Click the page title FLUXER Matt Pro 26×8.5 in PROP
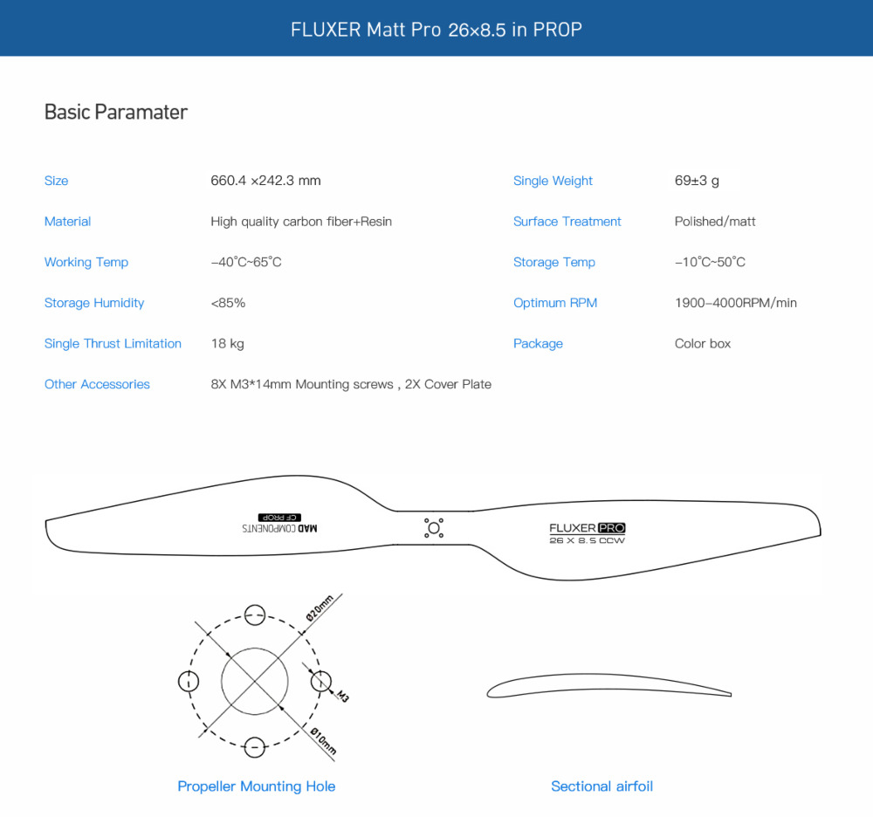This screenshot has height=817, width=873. coord(436,30)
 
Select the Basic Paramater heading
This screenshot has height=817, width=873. coord(116,112)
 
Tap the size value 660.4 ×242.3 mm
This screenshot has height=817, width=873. coord(265,181)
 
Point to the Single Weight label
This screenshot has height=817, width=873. coord(553,181)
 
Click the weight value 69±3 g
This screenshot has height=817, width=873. coord(697,181)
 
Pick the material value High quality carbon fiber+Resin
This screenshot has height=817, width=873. coord(301,222)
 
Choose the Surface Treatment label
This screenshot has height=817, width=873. coord(567,222)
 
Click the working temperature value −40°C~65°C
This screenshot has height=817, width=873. coord(246,262)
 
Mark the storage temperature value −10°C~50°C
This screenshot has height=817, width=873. coord(710,262)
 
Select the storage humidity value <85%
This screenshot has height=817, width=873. coord(228,303)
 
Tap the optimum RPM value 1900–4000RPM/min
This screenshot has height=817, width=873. coord(736,303)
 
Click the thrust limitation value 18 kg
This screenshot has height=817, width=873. coord(227,344)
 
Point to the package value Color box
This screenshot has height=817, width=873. coord(703,344)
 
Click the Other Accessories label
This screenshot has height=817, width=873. coord(97,384)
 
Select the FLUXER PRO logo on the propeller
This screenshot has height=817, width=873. coord(587,528)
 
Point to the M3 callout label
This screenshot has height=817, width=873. coord(342,697)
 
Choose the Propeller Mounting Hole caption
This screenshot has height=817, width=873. coord(256,786)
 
